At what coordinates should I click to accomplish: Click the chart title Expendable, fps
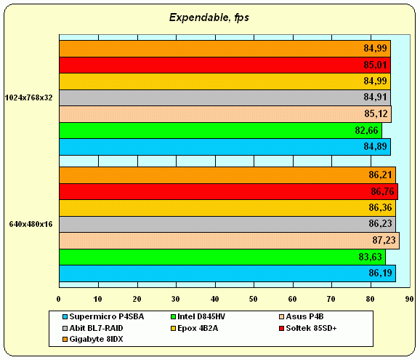pos(209,17)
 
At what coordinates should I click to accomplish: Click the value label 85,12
pos(376,114)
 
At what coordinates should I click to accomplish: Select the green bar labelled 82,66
pos(220,130)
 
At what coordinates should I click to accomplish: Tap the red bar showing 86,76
pos(228,191)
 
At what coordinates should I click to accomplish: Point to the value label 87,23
pos(384,240)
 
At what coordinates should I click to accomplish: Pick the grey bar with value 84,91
pos(225,97)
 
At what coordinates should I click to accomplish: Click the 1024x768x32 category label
pos(29,98)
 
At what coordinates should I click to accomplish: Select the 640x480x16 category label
pos(31,224)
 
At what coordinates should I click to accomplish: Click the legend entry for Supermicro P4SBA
pos(103,316)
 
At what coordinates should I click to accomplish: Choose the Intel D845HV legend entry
pos(198,316)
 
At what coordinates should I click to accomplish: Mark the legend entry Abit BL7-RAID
pos(93,328)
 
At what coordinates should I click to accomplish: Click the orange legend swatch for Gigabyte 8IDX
pos(65,340)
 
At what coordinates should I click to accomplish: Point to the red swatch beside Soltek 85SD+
pos(281,329)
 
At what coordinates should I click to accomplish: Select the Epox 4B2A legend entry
pos(195,328)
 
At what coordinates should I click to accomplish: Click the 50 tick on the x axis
pos(254,299)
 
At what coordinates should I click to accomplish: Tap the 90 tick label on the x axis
pos(409,299)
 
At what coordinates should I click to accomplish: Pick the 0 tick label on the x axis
pos(59,299)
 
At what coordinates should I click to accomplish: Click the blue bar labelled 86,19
pos(227,273)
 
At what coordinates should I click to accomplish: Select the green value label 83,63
pos(370,257)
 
